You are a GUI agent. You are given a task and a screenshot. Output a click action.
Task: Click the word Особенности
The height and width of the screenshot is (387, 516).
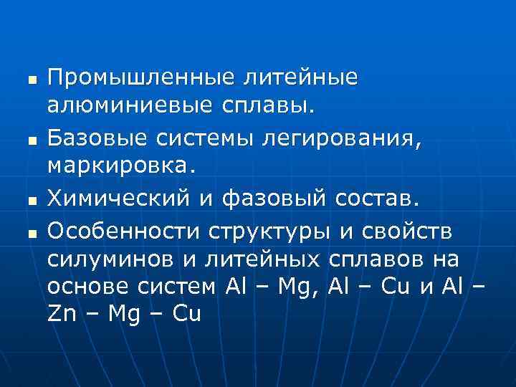[124, 231]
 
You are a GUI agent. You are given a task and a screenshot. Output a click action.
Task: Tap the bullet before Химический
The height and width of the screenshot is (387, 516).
[29, 196]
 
